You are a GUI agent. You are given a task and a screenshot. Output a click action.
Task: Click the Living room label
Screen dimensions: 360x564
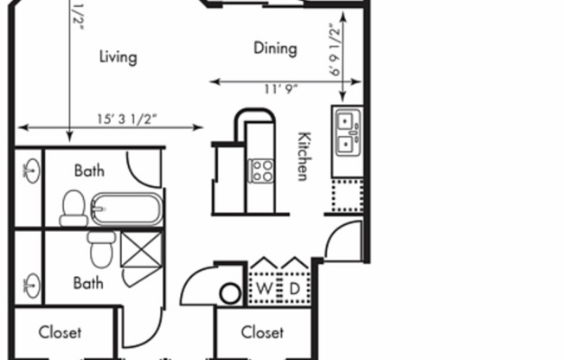coord(118,57)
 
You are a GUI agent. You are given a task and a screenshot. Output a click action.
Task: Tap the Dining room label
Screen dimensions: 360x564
coord(275,48)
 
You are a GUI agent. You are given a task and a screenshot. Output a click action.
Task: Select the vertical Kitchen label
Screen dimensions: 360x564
coord(304,156)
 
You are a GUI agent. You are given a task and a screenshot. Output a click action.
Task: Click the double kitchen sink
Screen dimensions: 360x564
coord(348,132)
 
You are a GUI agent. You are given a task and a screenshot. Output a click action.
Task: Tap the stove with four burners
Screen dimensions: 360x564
coord(261,170)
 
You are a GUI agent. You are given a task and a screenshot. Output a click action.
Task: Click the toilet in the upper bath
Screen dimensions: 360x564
coord(74,209)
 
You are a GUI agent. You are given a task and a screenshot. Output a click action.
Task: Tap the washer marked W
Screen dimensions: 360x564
coord(264,287)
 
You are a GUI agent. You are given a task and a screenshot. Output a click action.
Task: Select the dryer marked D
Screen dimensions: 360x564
coord(294,287)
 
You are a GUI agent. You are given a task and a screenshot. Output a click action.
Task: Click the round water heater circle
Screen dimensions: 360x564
coord(230,293)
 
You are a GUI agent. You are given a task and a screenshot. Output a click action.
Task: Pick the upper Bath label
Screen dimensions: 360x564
coord(89,170)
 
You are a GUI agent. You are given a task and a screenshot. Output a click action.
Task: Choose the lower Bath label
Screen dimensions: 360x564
coord(88,282)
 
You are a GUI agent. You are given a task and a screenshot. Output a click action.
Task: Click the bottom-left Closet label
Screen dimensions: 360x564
coord(60,332)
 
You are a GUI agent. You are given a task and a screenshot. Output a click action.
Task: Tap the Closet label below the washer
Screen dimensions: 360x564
coord(262,332)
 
